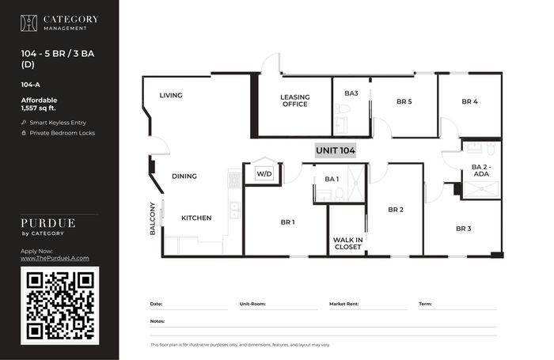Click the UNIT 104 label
click(336, 150)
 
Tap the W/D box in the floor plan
click(264, 174)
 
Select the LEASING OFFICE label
click(295, 100)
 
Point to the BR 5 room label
click(404, 101)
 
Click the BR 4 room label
click(469, 101)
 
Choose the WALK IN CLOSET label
click(347, 244)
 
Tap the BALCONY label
click(152, 218)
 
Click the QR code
click(60, 306)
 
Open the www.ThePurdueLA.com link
click(55, 258)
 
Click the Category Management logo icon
click(28, 23)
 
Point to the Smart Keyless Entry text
click(58, 123)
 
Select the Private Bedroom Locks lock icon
click(24, 133)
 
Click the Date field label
click(156, 304)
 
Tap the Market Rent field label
click(343, 304)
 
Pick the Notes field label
click(157, 321)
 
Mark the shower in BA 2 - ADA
click(481, 189)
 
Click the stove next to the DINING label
click(234, 180)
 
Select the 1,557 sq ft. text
click(39, 108)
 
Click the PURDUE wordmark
click(48, 223)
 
